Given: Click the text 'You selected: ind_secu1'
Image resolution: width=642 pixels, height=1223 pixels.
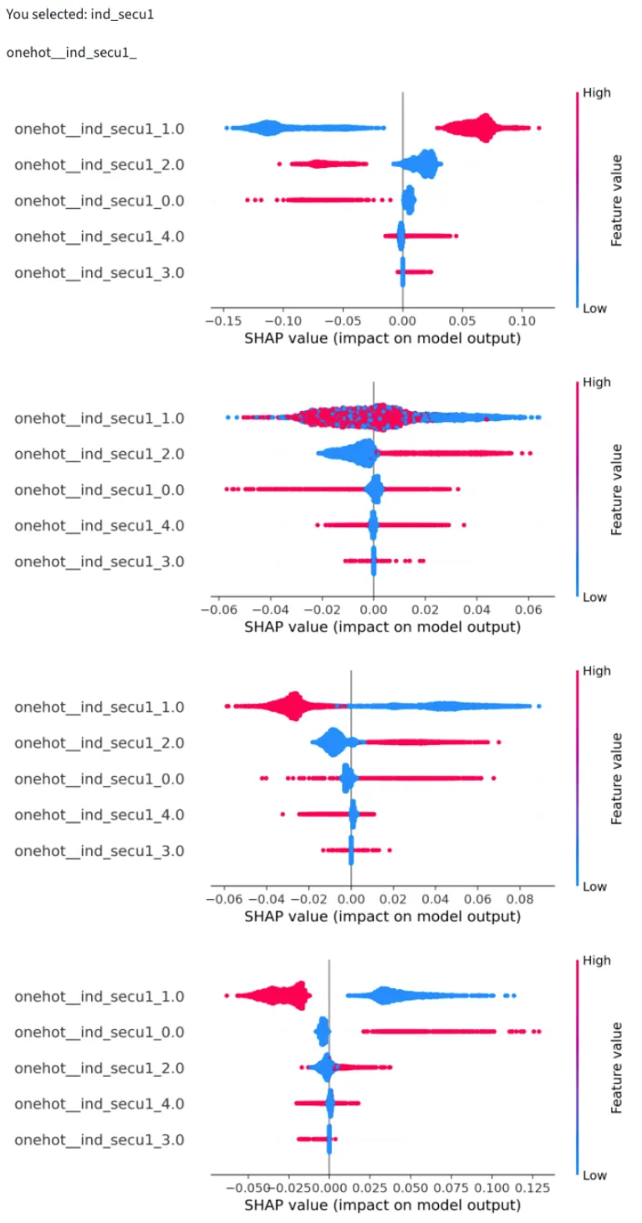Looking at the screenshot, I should (x=79, y=15).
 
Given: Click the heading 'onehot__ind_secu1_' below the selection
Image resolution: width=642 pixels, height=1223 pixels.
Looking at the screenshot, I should (x=71, y=53).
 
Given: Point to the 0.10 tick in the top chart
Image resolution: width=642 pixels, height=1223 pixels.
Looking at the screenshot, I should (x=522, y=321).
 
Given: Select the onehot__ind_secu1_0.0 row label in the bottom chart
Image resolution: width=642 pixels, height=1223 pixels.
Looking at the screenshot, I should (x=99, y=1032).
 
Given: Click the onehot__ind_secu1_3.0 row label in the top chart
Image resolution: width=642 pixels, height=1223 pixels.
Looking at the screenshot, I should (x=99, y=272).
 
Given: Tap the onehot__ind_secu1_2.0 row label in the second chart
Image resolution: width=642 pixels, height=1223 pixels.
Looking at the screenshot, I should (x=99, y=454).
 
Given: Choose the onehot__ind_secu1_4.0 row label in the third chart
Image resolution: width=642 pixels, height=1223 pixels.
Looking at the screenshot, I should (x=99, y=814).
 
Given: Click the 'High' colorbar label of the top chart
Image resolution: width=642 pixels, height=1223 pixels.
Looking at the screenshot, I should (x=599, y=93).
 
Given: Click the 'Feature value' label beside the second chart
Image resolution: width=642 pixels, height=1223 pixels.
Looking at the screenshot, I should (x=618, y=490).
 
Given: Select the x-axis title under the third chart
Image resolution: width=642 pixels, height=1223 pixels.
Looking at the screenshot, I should (x=382, y=916).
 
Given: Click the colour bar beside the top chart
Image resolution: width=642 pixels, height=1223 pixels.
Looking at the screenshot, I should (x=577, y=200).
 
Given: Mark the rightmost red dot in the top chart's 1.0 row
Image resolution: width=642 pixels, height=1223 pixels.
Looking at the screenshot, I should (x=539, y=128).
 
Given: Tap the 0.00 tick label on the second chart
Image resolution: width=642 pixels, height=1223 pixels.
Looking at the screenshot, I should (x=374, y=610).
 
